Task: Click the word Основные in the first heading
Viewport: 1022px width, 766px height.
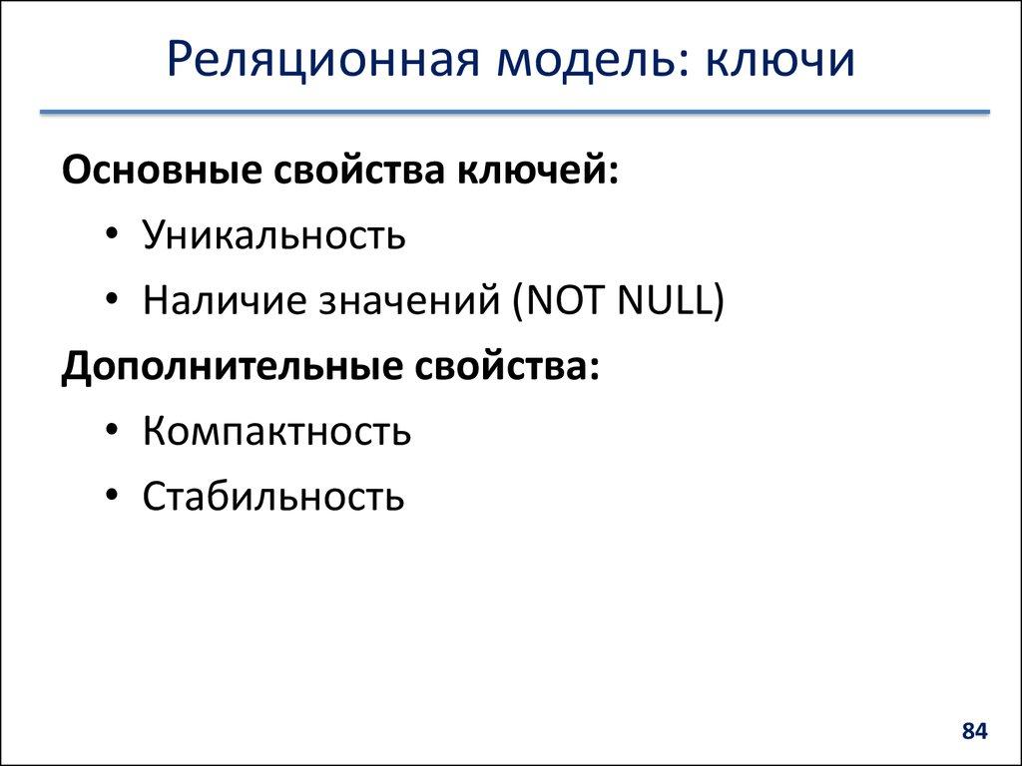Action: coord(159,169)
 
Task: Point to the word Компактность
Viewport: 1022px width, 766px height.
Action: coord(276,432)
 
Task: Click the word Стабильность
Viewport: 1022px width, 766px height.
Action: coord(273,497)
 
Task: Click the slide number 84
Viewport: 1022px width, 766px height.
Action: coord(974,732)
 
